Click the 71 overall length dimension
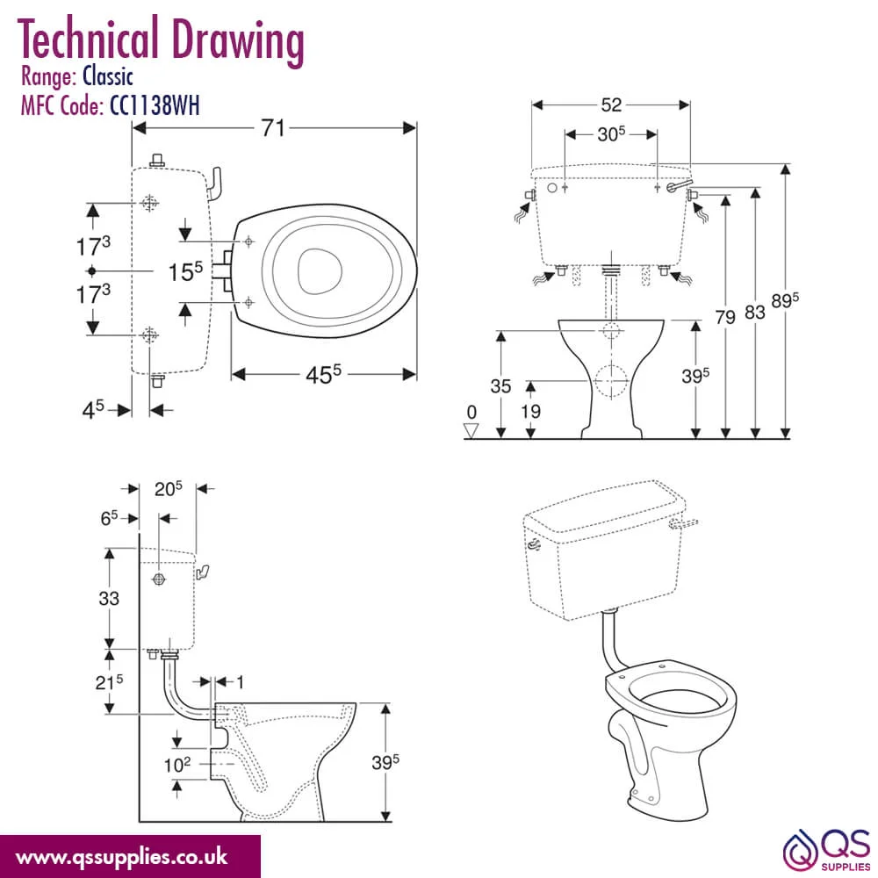273,128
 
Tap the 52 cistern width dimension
611,104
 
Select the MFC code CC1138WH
155,105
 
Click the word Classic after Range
108,76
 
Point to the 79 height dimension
725,318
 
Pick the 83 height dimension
755,312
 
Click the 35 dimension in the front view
500,385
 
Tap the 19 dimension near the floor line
530,412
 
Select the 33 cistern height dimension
109,598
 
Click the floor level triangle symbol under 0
471,430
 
